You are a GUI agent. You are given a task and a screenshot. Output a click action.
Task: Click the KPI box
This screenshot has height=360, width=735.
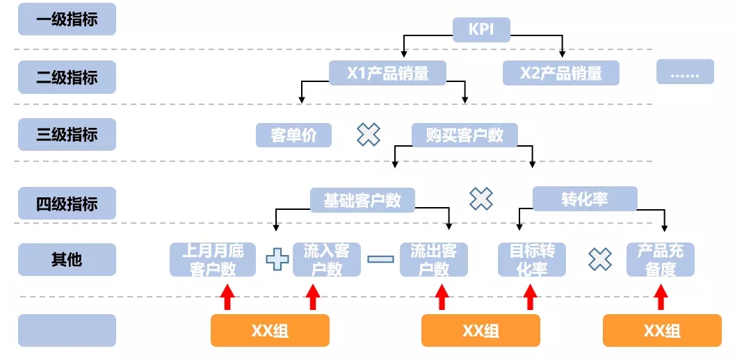tap(482, 29)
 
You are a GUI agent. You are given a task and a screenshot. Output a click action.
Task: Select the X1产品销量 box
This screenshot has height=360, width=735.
tap(387, 73)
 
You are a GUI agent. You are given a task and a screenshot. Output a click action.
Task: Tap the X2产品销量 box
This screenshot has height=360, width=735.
tap(561, 73)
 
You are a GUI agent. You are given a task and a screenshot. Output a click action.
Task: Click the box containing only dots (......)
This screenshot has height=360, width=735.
tap(685, 72)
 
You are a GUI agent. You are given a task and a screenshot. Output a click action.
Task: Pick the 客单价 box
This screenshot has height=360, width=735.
tap(293, 135)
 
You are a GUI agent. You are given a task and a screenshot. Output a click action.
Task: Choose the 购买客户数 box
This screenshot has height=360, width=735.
tap(465, 135)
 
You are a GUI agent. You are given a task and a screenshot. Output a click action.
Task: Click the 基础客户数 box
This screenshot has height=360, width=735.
tap(362, 200)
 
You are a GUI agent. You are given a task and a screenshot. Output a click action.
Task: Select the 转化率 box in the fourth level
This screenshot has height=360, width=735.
tap(584, 199)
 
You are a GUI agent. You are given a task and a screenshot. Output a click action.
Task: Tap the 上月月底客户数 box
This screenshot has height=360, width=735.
tap(213, 260)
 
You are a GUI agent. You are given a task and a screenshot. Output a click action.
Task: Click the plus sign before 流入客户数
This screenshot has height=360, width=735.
tap(277, 259)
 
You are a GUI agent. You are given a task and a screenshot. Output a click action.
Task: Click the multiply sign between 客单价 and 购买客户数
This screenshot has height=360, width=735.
tap(369, 135)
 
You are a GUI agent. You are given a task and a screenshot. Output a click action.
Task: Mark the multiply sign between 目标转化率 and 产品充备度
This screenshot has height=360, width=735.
tap(599, 259)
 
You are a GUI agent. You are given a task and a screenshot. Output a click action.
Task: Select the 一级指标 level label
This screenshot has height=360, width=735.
tap(67, 19)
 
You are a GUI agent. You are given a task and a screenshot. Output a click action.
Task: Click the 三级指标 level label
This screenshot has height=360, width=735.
tap(67, 135)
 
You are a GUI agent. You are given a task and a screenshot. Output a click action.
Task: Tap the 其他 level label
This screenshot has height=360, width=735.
tap(67, 259)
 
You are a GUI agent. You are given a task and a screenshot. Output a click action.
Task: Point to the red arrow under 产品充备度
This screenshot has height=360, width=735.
tap(661, 297)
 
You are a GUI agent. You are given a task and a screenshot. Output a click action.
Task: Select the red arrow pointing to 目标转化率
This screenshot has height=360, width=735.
tap(530, 297)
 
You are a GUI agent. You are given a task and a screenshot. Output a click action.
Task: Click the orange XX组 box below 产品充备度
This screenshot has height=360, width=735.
tap(661, 331)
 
